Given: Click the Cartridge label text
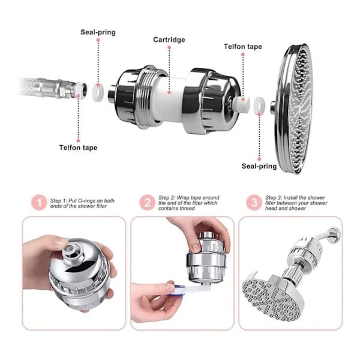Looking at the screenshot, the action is coord(169,40).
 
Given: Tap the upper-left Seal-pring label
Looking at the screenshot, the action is coord(98,32).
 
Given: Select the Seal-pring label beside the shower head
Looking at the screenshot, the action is coord(259,166).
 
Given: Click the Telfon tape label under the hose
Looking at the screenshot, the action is coord(78,148).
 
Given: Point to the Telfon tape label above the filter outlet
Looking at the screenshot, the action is coord(243,47).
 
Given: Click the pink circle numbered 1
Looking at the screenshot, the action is coord(39,203).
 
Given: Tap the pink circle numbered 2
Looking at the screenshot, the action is coord(147,203).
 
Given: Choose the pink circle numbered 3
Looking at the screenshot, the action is coord(254,203).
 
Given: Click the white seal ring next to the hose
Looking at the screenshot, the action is coord(98,92).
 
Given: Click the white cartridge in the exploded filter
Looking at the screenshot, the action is coord(168,99).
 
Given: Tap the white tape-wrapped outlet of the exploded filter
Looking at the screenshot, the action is coord(241,104).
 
